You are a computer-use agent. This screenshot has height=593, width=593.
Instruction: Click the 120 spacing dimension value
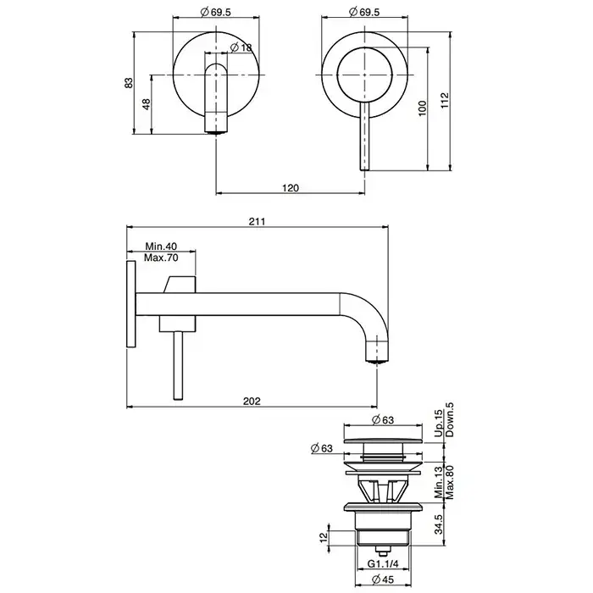291,188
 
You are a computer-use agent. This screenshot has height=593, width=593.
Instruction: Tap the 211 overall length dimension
257,221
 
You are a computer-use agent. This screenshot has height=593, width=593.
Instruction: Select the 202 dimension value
252,401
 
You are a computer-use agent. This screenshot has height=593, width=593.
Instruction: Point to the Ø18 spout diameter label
241,47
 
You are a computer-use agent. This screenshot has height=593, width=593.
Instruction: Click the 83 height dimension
129,83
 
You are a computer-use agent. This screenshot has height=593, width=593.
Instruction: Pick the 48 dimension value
147,104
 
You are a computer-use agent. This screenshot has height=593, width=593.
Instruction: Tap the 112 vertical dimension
445,101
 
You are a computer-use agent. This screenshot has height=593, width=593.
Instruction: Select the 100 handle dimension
423,108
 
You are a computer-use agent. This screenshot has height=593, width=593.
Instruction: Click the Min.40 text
161,247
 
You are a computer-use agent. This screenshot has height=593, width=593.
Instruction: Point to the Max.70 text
161,258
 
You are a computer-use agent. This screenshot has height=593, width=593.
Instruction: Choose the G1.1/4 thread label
383,564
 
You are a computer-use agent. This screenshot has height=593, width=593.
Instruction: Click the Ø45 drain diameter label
383,579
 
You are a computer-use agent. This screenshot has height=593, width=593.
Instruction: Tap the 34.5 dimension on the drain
438,524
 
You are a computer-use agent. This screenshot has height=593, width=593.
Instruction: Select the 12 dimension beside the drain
324,537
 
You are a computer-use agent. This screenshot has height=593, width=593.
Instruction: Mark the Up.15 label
438,424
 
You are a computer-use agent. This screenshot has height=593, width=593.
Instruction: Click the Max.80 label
450,482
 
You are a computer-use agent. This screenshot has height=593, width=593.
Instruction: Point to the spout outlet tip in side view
377,360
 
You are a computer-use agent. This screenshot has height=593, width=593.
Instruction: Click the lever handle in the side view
178,365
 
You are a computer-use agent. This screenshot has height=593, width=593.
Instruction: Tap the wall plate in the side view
130,303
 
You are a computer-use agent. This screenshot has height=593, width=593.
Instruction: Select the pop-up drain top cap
384,441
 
